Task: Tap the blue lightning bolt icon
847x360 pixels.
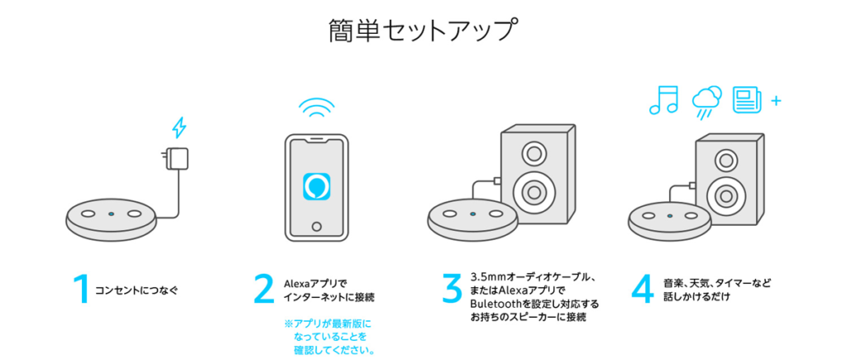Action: (x=179, y=128)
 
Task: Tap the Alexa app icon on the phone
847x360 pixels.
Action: (x=317, y=186)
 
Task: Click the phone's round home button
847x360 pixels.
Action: (x=317, y=225)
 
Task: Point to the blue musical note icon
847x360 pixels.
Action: (x=664, y=100)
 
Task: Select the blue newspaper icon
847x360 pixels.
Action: (x=747, y=100)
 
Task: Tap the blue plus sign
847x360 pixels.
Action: (x=776, y=100)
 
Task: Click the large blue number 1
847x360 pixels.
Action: (x=82, y=289)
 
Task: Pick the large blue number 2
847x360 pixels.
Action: (x=264, y=289)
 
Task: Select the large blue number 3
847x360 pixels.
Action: (x=452, y=289)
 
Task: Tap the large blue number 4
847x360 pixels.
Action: (x=644, y=289)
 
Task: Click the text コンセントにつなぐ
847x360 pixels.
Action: (x=136, y=290)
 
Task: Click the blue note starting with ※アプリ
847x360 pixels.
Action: (x=329, y=338)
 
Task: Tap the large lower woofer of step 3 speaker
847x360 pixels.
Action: (x=534, y=192)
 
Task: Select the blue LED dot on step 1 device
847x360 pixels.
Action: (x=111, y=214)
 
